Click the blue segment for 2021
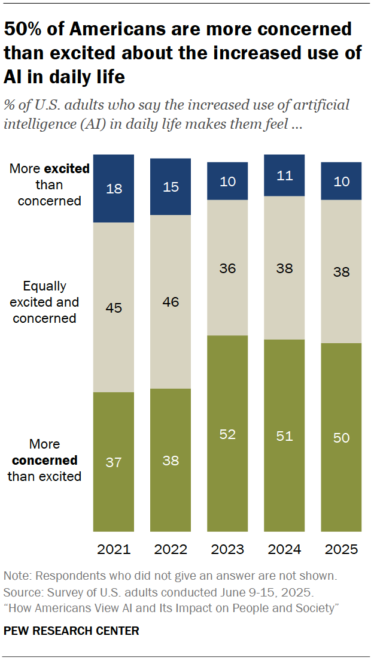113,188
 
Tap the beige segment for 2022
171,302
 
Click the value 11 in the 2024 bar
284,175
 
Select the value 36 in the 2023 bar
227,268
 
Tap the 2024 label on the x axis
284,549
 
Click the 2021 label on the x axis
113,549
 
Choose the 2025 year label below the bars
341,549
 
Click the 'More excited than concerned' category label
49,185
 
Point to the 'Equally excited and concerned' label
44,302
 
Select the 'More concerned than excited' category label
45,461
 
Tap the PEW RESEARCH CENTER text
71,631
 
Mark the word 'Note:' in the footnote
17,576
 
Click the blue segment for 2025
341,180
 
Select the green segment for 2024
284,435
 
